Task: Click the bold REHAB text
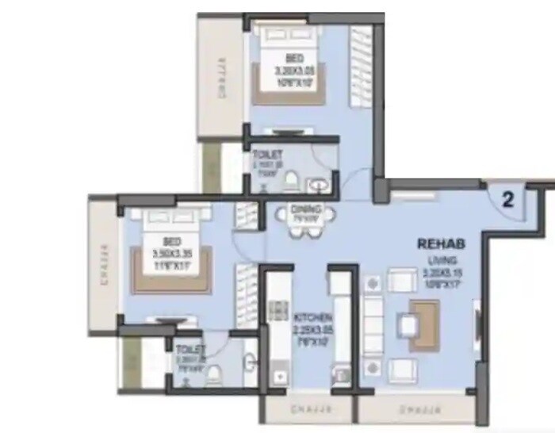point(441,244)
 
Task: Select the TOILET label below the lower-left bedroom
point(191,348)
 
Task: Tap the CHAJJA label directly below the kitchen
point(308,410)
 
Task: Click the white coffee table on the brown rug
point(409,324)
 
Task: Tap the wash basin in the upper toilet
point(320,185)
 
